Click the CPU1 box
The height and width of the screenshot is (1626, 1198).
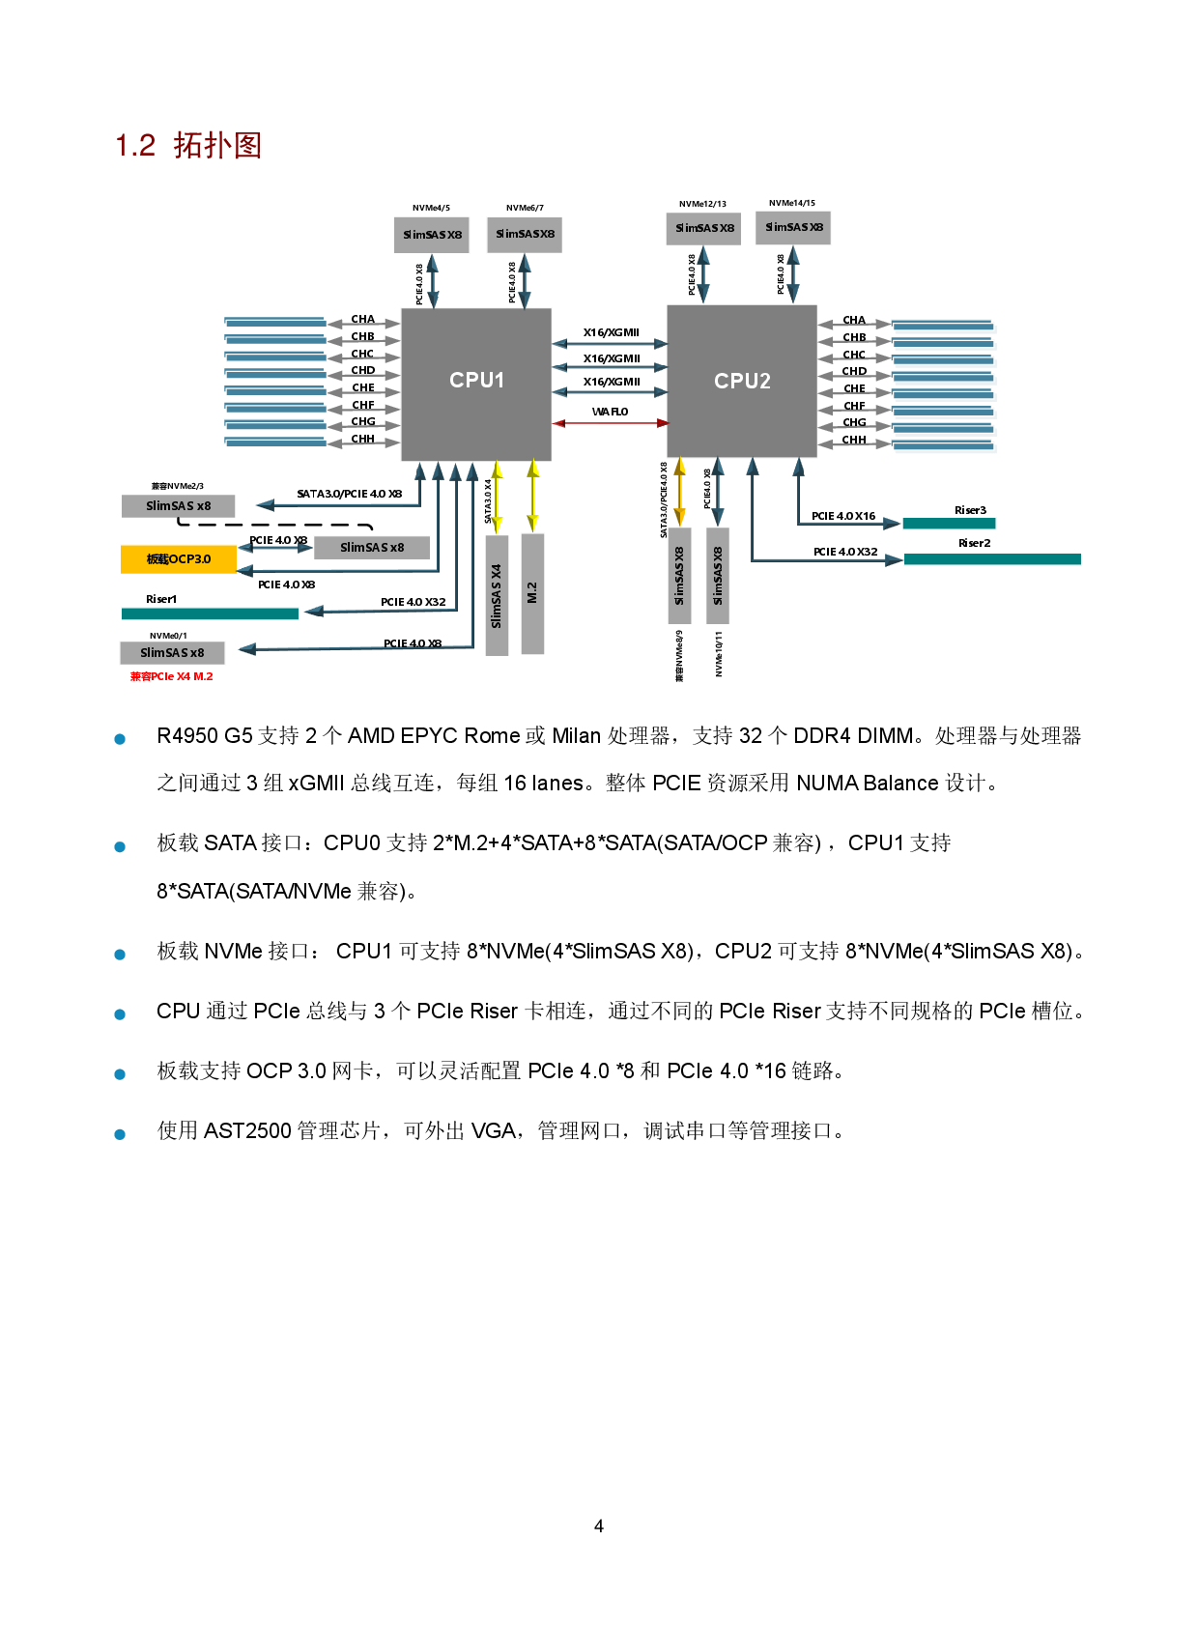[476, 384]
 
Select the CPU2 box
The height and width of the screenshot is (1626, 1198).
[741, 381]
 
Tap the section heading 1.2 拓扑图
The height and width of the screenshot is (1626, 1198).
[189, 146]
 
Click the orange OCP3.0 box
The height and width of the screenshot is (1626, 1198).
[179, 559]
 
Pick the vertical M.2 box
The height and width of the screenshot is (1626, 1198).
[532, 593]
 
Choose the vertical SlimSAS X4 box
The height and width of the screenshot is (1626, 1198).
[497, 595]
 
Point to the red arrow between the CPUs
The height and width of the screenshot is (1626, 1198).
[610, 423]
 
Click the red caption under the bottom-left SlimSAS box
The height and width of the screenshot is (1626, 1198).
[172, 676]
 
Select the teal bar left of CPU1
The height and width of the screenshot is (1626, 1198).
[210, 613]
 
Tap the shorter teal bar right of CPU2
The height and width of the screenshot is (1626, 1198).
[949, 523]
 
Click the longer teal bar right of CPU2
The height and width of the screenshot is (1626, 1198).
[992, 558]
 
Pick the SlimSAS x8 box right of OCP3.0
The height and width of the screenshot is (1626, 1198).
[372, 548]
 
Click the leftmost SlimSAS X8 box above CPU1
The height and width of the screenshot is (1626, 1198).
[432, 235]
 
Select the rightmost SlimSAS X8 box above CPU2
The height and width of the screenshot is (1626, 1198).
[793, 228]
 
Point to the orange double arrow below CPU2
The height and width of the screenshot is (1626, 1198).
[680, 492]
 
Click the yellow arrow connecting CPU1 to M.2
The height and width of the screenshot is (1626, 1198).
[532, 496]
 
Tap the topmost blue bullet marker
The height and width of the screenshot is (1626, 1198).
[120, 739]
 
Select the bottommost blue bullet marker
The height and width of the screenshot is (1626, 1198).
[120, 1134]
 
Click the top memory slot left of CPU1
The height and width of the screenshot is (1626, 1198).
[275, 322]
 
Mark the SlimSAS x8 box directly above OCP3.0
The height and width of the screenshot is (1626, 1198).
[178, 506]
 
